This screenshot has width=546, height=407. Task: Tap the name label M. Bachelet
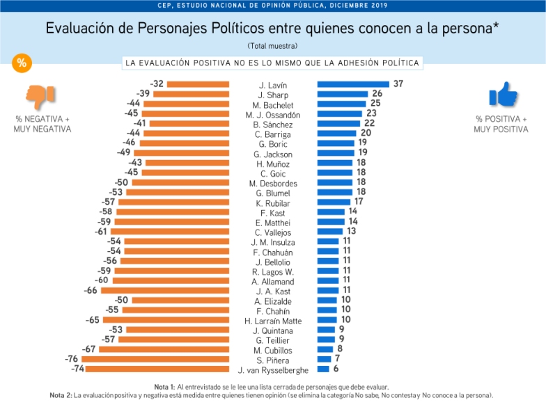click(272, 104)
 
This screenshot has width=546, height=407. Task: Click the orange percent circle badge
click(22, 63)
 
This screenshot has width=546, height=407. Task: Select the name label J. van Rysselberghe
click(272, 370)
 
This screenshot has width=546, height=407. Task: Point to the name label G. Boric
click(272, 144)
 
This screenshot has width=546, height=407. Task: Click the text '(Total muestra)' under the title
click(272, 46)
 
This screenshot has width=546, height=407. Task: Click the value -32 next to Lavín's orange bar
click(157, 84)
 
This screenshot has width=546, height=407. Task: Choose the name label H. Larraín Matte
click(272, 321)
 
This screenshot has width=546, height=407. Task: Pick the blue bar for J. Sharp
click(343, 94)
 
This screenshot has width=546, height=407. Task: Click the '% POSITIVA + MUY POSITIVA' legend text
click(501, 124)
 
